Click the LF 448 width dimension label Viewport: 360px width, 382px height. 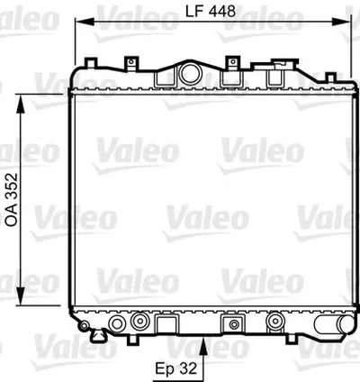tap(211, 11)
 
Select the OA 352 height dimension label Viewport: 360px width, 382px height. tap(13, 200)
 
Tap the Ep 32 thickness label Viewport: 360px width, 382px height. tap(176, 368)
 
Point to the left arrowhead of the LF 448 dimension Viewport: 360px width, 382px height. tap(85, 22)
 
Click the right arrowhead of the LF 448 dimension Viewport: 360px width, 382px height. tap(341, 22)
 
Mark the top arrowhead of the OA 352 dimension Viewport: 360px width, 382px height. tap(20, 104)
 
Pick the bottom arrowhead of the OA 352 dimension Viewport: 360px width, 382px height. tap(20, 296)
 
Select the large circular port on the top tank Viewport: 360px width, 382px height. tap(191, 74)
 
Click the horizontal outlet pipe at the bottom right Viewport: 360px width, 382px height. tap(334, 324)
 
